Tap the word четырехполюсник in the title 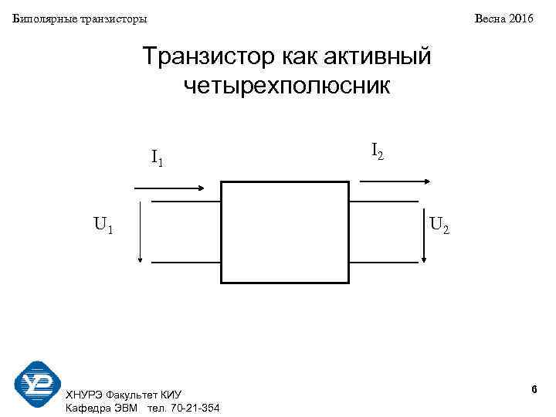287,86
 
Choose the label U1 104,225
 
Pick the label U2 440,225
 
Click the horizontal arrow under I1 169,188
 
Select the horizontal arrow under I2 395,180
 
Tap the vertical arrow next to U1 140,232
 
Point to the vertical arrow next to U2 424,232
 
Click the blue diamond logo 37,385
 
